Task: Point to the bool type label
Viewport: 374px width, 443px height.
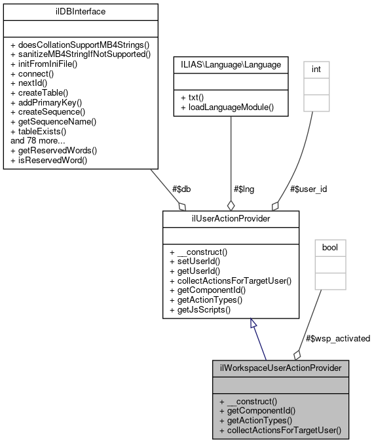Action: [x=330, y=248]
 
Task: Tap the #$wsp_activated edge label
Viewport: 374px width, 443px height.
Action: [x=338, y=338]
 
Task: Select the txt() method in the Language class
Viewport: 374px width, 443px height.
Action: [x=190, y=96]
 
